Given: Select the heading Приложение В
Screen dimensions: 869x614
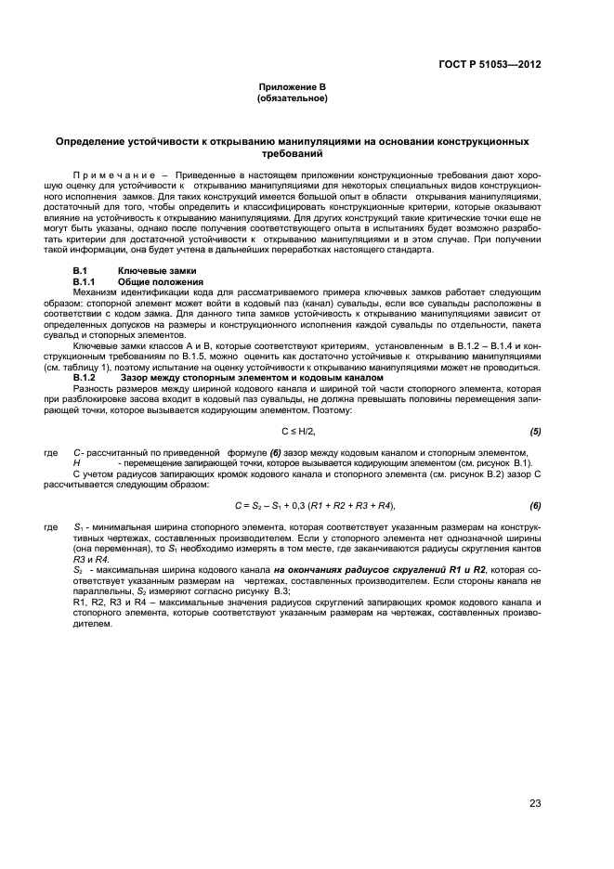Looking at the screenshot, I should pyautogui.click(x=292, y=86).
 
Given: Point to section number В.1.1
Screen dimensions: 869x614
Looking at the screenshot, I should pyautogui.click(x=85, y=280).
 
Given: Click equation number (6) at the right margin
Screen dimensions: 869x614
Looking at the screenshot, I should pyautogui.click(x=535, y=505).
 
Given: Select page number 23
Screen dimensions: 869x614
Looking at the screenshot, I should pyautogui.click(x=535, y=803).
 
